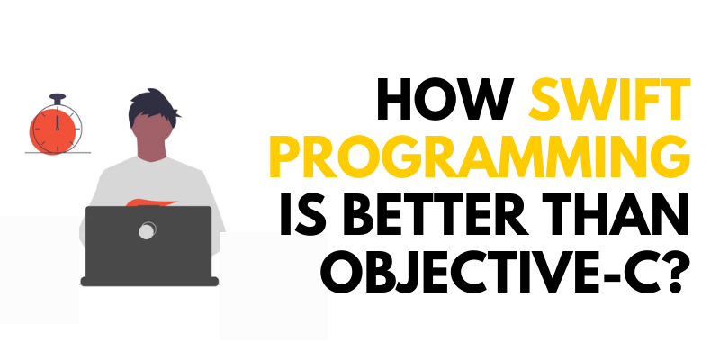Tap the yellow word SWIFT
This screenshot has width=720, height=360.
[x=610, y=107]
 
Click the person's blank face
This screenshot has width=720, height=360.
[x=148, y=135]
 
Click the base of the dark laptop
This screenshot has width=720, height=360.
[x=148, y=280]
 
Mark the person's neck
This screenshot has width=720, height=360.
[x=148, y=162]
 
